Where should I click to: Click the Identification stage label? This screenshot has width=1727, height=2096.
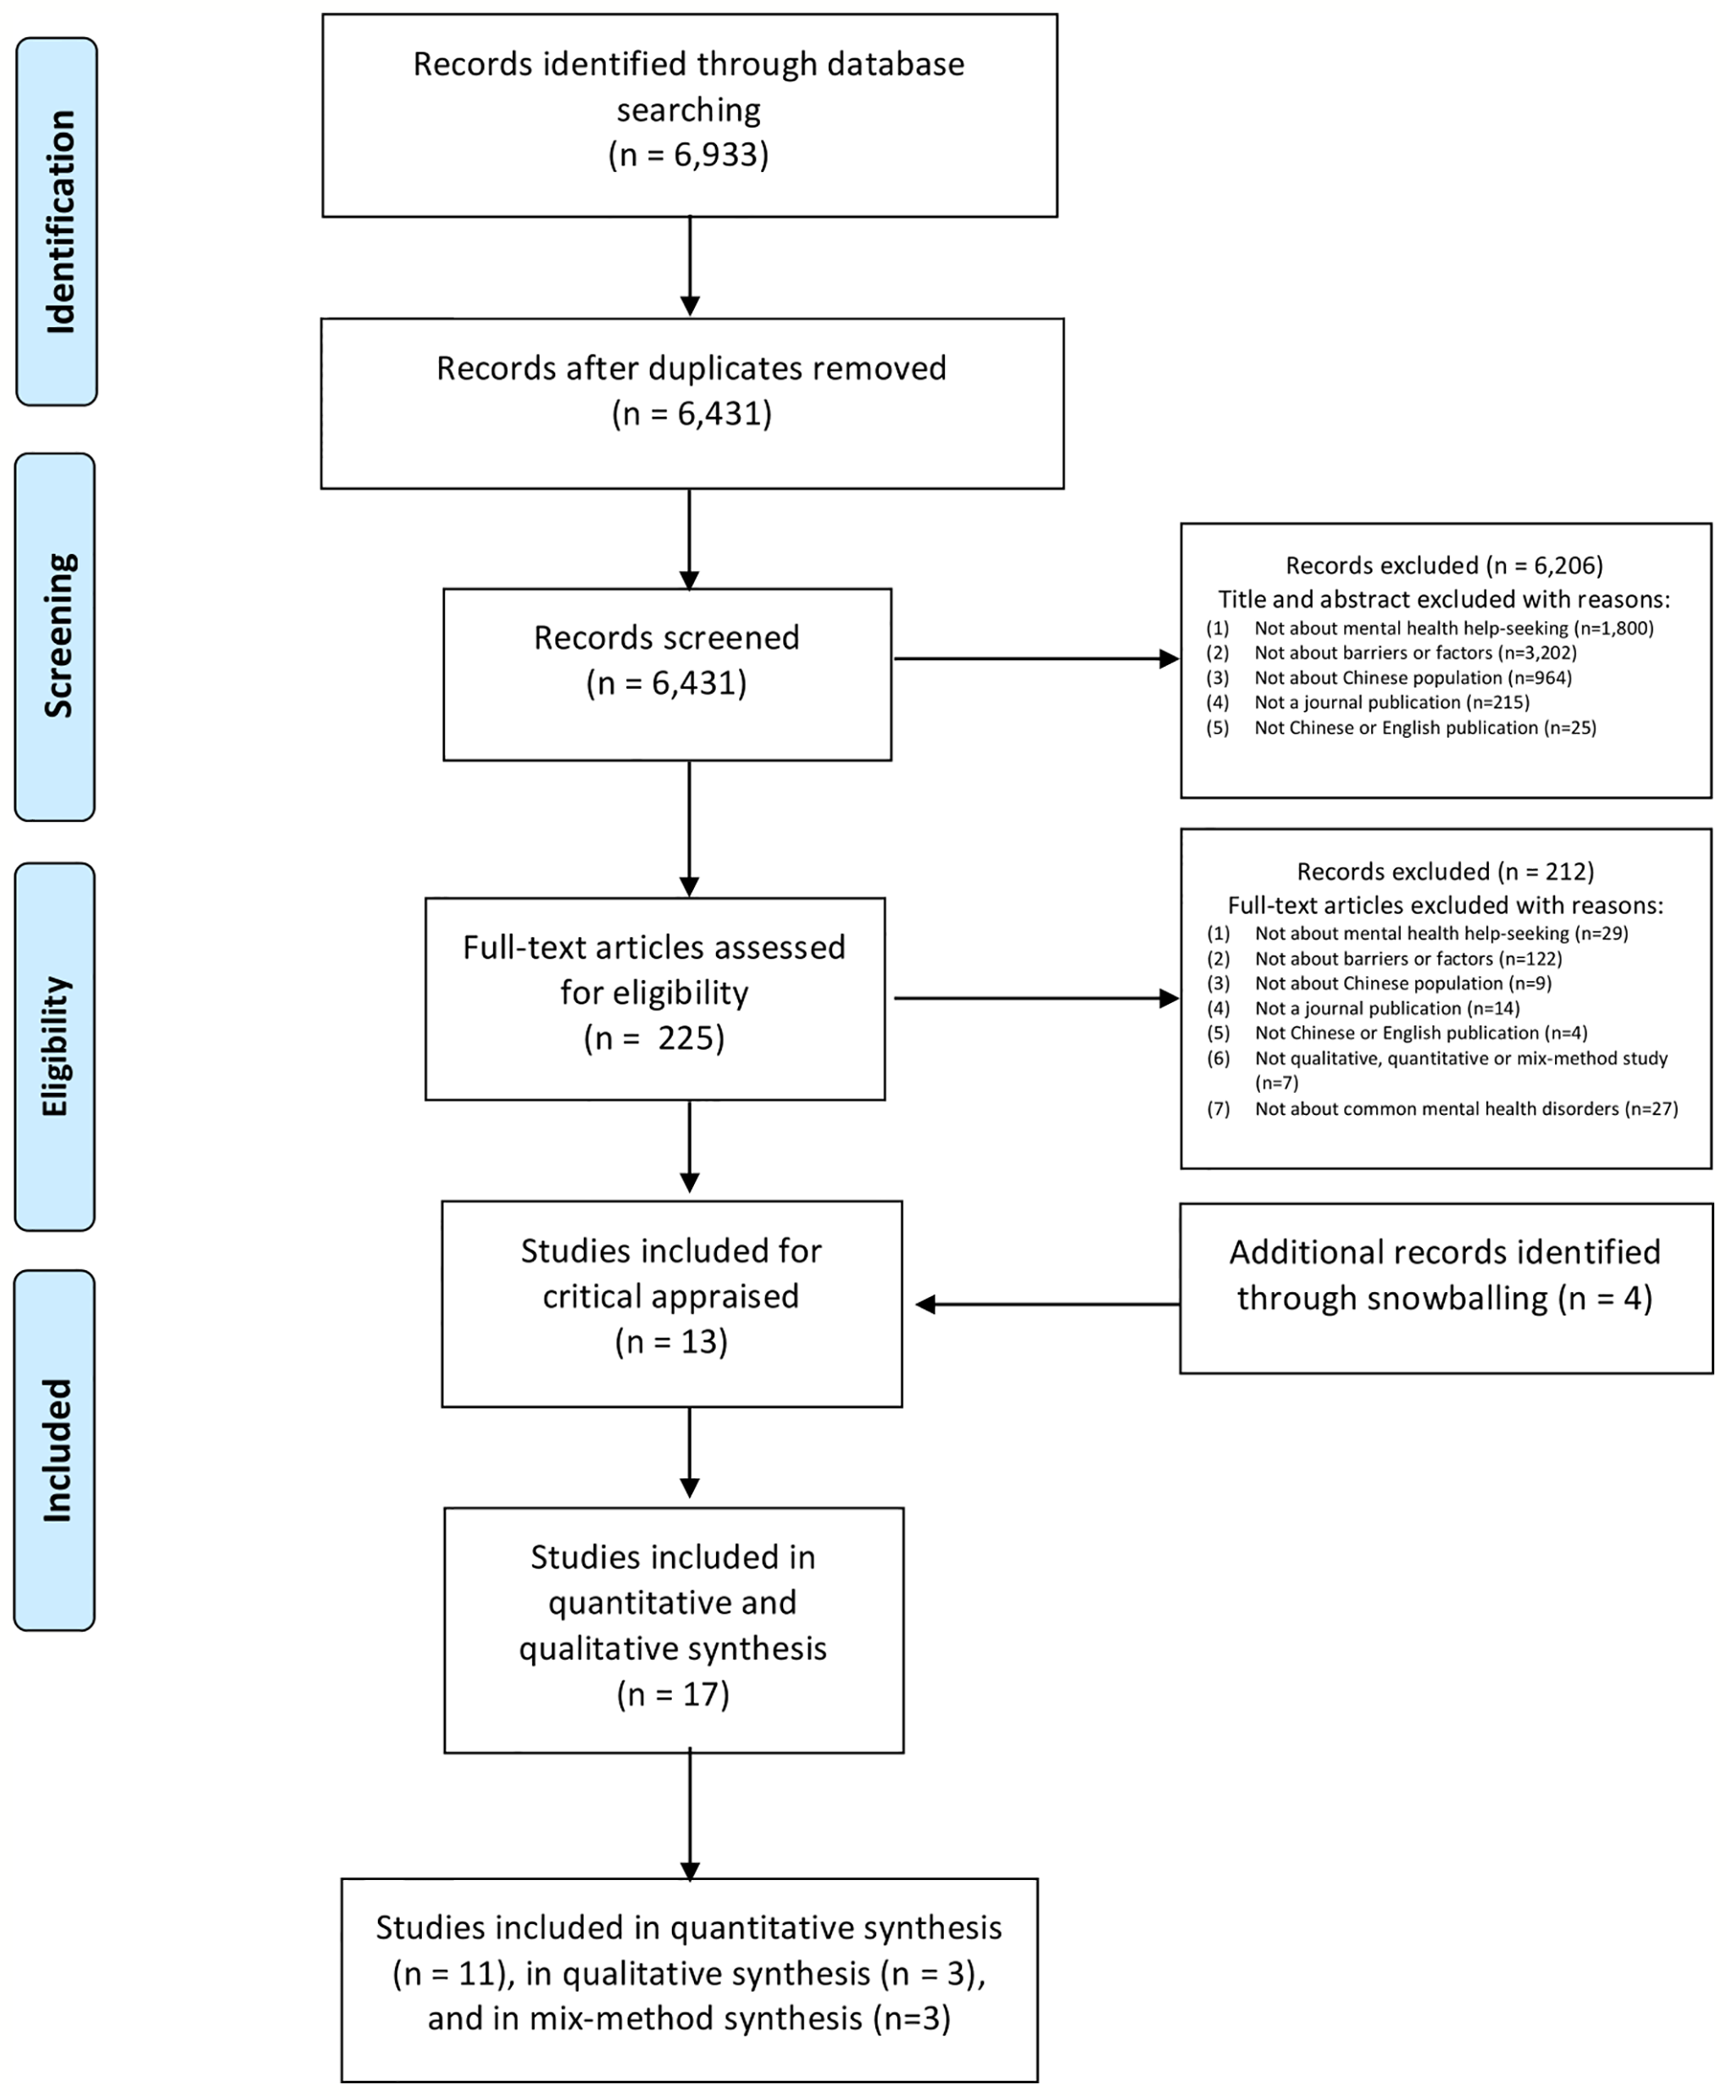coord(58,221)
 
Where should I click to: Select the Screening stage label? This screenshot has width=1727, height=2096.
coord(57,636)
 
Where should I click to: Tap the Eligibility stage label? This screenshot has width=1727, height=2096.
coord(56,1046)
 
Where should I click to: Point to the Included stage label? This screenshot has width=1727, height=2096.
coord(56,1450)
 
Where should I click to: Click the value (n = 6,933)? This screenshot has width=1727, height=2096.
coord(688,155)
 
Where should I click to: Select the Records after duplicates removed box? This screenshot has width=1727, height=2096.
coord(691,403)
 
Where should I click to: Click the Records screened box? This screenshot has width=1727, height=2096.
coord(667,674)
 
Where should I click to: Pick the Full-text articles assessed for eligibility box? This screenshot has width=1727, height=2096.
coord(654,998)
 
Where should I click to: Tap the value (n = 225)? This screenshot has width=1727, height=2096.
coord(654,1039)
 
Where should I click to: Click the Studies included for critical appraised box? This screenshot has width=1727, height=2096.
coord(671,1303)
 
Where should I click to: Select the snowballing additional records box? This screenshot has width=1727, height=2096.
coord(1446,1289)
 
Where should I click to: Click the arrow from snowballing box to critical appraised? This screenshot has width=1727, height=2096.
coord(1045,1304)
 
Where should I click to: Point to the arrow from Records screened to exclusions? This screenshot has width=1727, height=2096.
coord(1035,658)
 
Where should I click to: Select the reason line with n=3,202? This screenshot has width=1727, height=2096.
coord(1414,652)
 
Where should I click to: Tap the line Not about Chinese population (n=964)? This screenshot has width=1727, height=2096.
coord(1413,678)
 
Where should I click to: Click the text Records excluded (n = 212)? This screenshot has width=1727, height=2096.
coord(1445,872)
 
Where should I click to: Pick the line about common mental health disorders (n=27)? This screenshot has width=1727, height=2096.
coord(1465,1108)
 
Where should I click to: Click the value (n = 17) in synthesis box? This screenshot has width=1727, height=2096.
coord(673,1693)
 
